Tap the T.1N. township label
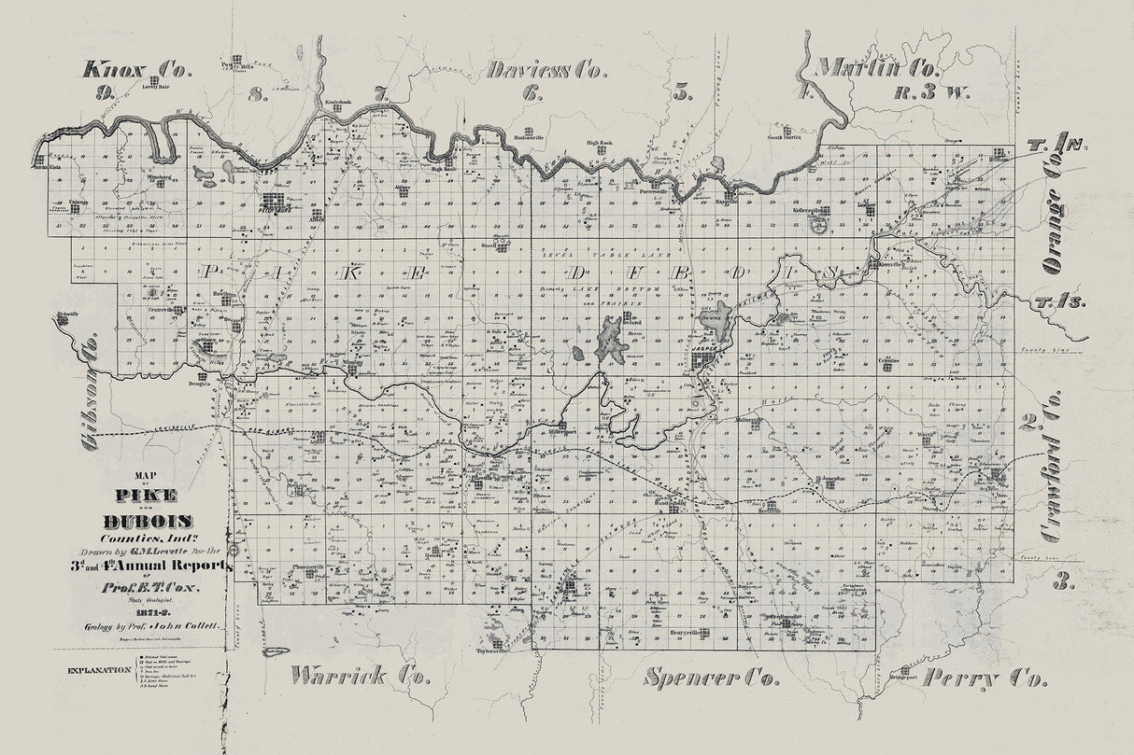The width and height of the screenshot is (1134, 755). click(x=1056, y=145)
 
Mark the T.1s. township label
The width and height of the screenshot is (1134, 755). click(x=1056, y=306)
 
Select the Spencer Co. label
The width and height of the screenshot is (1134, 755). click(x=712, y=677)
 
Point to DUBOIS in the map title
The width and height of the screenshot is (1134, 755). click(x=149, y=521)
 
